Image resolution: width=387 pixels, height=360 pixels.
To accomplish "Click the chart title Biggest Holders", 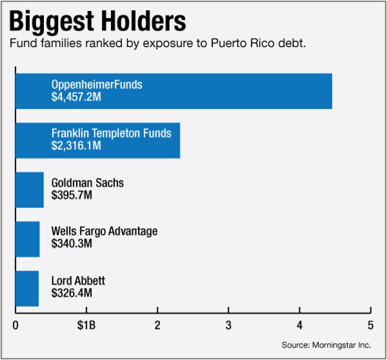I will point(98,22).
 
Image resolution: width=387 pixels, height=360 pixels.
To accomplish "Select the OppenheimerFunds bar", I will point(209,91).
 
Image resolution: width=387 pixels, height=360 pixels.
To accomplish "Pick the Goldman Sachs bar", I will point(29,189).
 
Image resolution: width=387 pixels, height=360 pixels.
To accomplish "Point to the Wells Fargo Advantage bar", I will point(27,239).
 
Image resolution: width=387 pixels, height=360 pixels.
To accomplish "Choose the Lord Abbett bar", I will point(27,288).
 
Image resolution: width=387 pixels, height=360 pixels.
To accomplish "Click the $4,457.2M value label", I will point(77,97).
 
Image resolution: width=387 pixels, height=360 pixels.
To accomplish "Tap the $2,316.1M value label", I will point(76,146).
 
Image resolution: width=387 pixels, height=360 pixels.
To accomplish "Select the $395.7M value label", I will point(72,195).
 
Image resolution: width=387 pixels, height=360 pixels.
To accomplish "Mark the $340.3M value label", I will point(72,244).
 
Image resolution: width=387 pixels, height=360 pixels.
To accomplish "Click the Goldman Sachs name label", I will point(87,183).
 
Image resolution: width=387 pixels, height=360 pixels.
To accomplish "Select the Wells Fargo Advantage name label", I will point(104,232).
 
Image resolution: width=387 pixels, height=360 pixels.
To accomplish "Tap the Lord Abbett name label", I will point(78,281).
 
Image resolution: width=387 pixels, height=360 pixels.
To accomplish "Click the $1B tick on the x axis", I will point(86,325).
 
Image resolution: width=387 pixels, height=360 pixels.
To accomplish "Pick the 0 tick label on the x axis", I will point(16,325).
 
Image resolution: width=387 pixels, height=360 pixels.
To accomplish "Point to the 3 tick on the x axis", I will point(229,325).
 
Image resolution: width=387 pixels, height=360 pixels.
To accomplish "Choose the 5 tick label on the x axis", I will point(370,325).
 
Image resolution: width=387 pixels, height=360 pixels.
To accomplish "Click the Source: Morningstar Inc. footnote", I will point(326,345).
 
